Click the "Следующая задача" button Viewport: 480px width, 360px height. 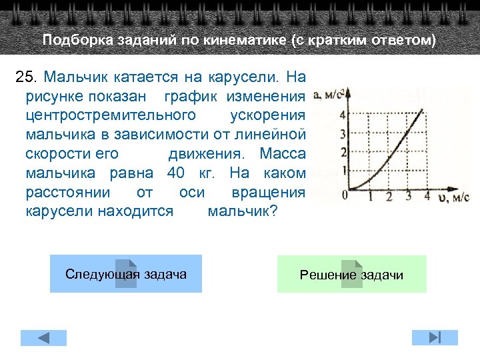[126, 274]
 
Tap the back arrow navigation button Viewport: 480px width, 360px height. [43, 337]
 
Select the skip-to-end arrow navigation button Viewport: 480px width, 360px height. [435, 337]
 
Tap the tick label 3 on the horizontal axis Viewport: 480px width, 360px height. [408, 195]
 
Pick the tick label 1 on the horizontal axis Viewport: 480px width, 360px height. [371, 195]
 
